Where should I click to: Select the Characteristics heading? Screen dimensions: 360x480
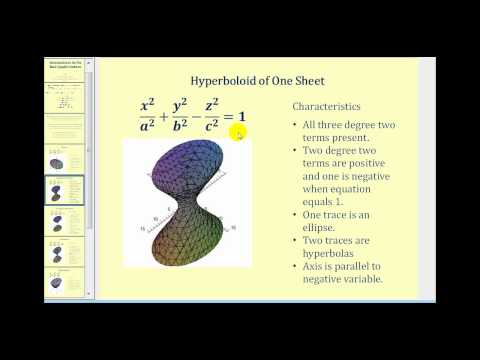(327, 106)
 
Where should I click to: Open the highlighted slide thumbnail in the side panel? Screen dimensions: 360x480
(65, 191)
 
